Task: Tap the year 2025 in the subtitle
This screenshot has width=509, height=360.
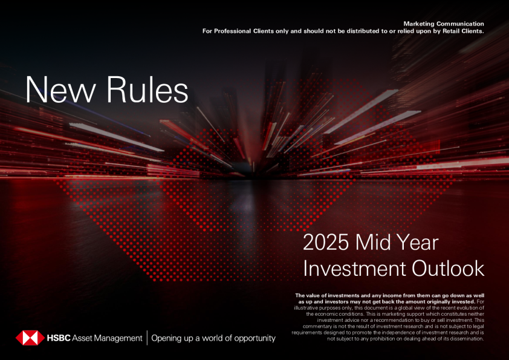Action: tap(327, 243)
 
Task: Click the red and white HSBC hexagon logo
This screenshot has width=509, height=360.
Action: tap(28, 338)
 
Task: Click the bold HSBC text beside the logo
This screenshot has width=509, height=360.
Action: tap(59, 338)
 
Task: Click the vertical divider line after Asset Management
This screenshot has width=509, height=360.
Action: tap(147, 338)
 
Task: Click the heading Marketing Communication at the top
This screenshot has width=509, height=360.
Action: tap(444, 23)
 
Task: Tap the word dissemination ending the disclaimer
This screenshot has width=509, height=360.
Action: tap(464, 339)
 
